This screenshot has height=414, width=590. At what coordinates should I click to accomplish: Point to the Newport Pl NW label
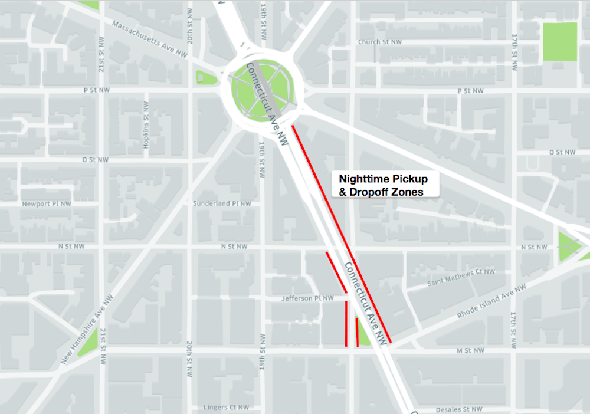(x=47, y=204)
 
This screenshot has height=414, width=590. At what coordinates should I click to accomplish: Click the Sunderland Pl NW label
(x=222, y=203)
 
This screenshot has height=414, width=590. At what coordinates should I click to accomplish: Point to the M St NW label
(x=470, y=351)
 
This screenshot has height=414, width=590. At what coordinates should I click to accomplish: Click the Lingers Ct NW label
(x=226, y=408)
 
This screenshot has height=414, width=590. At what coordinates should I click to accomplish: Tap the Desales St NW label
(x=458, y=409)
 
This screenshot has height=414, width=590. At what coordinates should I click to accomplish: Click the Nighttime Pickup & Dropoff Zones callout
(x=383, y=185)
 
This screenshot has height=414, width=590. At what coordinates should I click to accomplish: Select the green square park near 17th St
(x=559, y=41)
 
